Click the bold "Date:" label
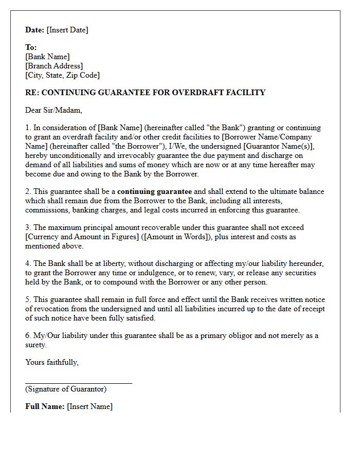(x=35, y=30)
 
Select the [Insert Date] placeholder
(x=67, y=30)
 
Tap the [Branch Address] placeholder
(x=54, y=66)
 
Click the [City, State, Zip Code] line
(x=62, y=75)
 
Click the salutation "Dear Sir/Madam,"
(x=53, y=110)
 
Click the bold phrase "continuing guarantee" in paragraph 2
(x=154, y=191)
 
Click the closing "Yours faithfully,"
(x=52, y=362)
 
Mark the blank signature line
(x=79, y=383)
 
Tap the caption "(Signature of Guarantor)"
(x=66, y=389)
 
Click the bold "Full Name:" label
(x=45, y=406)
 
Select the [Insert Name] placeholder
(x=89, y=406)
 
